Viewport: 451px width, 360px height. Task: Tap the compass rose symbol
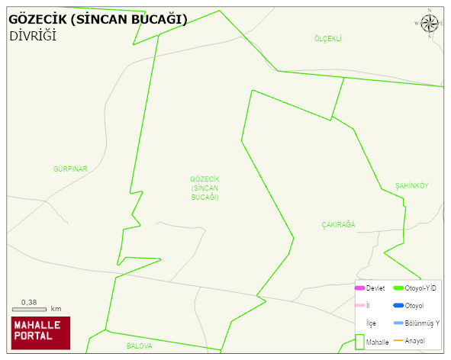pyautogui.click(x=430, y=23)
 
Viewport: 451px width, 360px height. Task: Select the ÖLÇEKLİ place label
pyautogui.click(x=327, y=38)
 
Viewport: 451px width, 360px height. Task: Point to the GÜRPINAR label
pyautogui.click(x=71, y=168)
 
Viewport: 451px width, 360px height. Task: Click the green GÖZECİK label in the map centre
pyautogui.click(x=205, y=188)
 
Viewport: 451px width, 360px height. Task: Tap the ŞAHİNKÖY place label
pyautogui.click(x=412, y=186)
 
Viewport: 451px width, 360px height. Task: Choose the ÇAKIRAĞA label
pyautogui.click(x=338, y=224)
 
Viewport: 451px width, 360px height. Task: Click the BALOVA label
pyautogui.click(x=140, y=346)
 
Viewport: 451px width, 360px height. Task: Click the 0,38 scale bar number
pyautogui.click(x=30, y=302)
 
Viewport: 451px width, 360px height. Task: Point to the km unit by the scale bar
pyautogui.click(x=56, y=309)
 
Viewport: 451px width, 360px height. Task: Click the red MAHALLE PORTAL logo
pyautogui.click(x=40, y=329)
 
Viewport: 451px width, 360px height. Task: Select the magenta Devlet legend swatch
pyautogui.click(x=359, y=288)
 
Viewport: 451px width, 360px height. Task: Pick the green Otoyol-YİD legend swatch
pyautogui.click(x=398, y=288)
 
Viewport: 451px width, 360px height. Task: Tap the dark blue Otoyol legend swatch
pyautogui.click(x=398, y=306)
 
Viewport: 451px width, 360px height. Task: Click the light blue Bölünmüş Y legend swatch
pyautogui.click(x=398, y=323)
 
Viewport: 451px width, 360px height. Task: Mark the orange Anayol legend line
pyautogui.click(x=398, y=340)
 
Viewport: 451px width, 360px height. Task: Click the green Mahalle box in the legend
pyautogui.click(x=359, y=342)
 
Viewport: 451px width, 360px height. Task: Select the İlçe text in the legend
pyautogui.click(x=372, y=323)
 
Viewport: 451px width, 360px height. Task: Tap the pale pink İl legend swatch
pyautogui.click(x=359, y=306)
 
